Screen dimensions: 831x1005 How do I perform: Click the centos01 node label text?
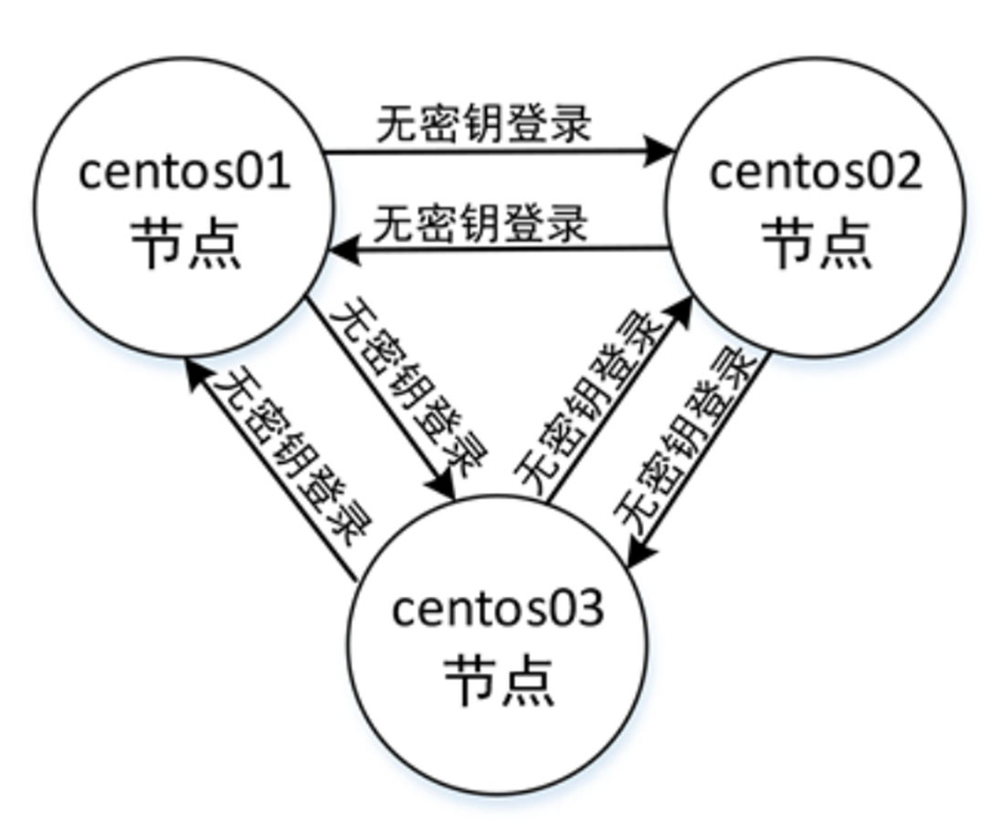coord(184,171)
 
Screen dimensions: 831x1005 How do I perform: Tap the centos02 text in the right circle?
coord(815,171)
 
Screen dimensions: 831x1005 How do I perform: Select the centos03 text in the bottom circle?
coord(498,608)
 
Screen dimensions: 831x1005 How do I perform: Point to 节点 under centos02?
coord(816,242)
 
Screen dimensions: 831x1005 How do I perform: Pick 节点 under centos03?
coord(499,680)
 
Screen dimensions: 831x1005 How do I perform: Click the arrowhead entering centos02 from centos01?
coord(660,151)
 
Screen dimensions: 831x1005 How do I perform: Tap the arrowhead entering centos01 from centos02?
coord(345,248)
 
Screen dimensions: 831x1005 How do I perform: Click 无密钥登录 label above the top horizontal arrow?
coord(484,124)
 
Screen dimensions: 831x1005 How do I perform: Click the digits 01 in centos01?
coord(266,171)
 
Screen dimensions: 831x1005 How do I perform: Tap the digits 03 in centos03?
coord(579,608)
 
